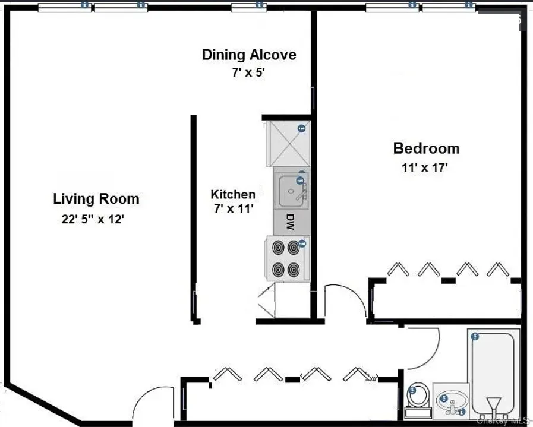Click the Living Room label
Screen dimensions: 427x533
click(96, 199)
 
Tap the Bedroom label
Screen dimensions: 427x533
click(426, 148)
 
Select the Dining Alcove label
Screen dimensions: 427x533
click(248, 55)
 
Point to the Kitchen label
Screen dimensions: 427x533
click(233, 194)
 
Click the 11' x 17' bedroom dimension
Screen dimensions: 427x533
click(424, 167)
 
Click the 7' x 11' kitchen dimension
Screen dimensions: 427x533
click(233, 208)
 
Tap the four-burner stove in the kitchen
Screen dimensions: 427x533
click(285, 258)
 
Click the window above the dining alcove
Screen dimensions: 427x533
click(249, 7)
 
